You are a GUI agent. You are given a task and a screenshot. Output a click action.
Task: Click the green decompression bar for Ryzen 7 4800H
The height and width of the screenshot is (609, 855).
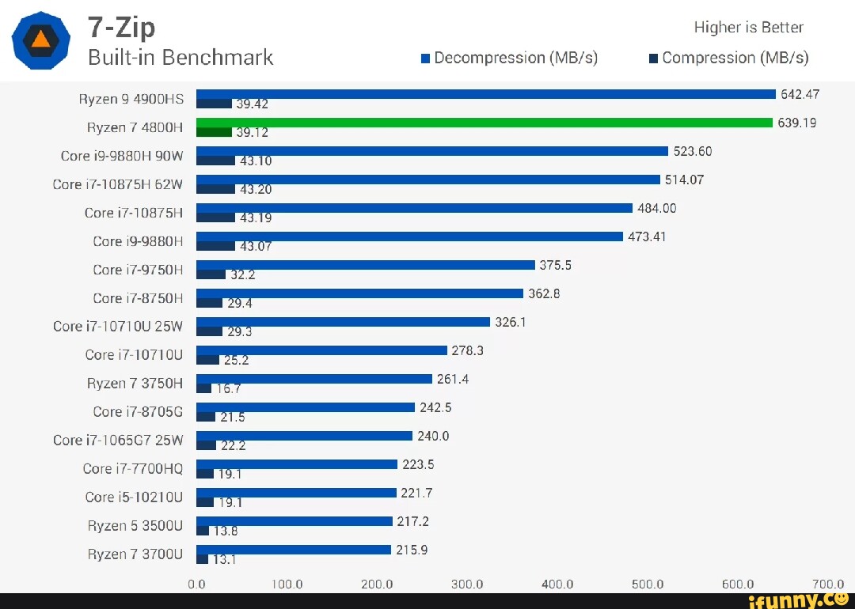484,123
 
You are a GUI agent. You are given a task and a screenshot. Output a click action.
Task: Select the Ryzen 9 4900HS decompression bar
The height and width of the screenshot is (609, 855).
485,94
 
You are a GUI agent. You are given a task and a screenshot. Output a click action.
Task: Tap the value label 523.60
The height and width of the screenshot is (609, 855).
693,151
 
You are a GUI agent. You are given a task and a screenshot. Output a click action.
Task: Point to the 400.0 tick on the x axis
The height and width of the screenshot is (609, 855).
557,584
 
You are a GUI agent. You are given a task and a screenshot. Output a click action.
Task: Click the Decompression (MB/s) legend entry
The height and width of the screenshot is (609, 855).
510,58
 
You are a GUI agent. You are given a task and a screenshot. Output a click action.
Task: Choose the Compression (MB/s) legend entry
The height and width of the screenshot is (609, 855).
728,58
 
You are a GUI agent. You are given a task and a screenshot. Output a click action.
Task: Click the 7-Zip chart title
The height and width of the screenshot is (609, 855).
121,28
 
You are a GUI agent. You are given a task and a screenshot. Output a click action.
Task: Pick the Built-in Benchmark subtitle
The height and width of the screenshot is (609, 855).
180,58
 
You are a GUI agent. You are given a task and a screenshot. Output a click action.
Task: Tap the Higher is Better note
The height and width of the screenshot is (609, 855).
748,28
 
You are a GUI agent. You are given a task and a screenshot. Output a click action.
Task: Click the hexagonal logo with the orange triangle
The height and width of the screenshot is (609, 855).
40,40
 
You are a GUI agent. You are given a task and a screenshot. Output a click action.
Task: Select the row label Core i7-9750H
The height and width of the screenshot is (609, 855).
138,270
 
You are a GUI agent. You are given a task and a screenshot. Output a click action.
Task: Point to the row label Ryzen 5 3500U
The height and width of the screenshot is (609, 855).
135,526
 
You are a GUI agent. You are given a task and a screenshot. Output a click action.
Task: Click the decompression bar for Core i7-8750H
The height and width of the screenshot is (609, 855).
359,293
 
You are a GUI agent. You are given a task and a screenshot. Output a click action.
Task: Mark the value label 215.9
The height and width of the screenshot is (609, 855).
412,550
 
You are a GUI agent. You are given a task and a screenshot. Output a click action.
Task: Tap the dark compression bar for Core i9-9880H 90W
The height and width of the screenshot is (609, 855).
215,160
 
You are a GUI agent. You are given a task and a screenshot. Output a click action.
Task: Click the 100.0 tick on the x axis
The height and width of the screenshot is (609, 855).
287,584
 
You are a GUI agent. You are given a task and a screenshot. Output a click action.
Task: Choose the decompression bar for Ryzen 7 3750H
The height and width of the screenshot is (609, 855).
313,379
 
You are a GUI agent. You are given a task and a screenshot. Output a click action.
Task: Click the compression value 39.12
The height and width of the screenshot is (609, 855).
253,133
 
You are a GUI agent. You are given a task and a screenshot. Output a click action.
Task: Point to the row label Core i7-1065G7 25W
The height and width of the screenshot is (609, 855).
118,441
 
